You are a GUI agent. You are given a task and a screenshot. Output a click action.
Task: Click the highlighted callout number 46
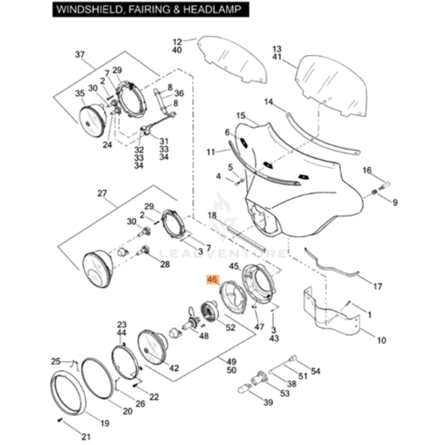click(x=212, y=280)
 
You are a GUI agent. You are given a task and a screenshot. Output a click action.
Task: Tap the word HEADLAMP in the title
click(x=212, y=10)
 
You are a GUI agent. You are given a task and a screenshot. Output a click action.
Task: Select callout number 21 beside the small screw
click(x=86, y=436)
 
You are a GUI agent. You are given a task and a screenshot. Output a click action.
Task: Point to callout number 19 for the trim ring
click(x=105, y=423)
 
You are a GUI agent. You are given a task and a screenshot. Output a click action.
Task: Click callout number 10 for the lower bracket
click(x=381, y=340)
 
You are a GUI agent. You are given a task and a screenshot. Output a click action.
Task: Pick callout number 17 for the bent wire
click(x=378, y=286)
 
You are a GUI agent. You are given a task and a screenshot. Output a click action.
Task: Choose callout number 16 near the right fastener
click(x=367, y=170)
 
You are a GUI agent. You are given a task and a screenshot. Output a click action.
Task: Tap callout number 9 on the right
click(x=395, y=202)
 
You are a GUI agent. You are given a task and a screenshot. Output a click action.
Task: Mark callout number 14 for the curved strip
click(x=269, y=102)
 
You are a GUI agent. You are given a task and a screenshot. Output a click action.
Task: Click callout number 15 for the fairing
click(x=241, y=116)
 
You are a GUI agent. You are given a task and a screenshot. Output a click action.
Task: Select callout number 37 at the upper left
click(x=80, y=55)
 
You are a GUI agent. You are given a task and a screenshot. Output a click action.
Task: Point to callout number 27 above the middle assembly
click(x=102, y=193)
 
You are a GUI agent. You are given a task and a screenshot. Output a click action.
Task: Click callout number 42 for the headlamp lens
click(x=174, y=368)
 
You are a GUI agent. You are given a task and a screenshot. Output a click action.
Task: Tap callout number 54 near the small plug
click(x=315, y=371)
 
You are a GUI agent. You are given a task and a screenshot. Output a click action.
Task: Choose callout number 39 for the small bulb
click(x=268, y=402)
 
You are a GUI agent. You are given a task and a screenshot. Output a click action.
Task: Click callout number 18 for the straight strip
click(x=212, y=215)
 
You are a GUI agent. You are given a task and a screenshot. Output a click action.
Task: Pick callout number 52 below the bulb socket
click(x=230, y=328)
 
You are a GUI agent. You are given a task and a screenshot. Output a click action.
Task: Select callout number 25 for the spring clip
click(x=55, y=361)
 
